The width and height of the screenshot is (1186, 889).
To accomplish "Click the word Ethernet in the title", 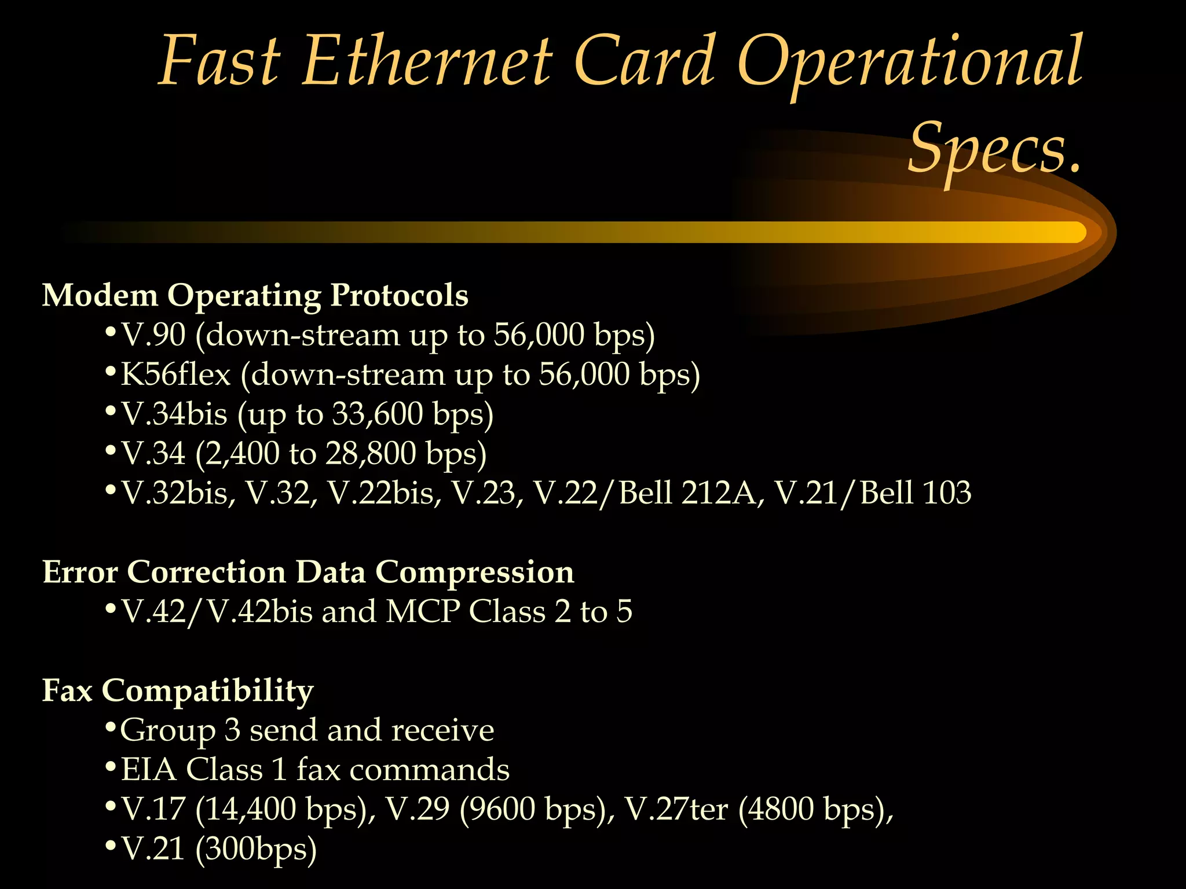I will click(x=427, y=63).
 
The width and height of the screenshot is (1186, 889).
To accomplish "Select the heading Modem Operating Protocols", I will click(x=255, y=295).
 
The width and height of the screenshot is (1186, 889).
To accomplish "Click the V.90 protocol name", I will click(x=153, y=335).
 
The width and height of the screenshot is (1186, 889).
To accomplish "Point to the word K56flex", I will click(x=175, y=374).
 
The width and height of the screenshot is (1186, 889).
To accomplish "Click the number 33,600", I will click(x=378, y=414).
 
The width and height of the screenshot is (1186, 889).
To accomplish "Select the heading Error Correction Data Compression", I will click(x=308, y=572).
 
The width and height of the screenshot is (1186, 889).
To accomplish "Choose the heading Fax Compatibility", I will click(x=178, y=690).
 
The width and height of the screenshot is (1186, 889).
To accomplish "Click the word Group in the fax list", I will click(x=167, y=730).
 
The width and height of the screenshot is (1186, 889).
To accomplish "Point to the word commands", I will click(x=429, y=770).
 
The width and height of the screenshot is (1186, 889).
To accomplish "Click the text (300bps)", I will click(x=256, y=849).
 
